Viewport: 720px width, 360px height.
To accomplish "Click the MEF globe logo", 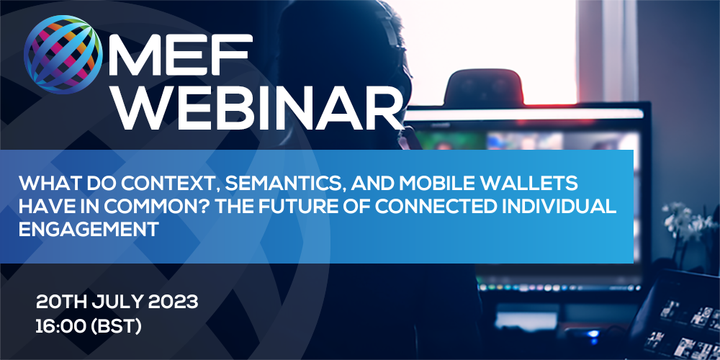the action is [63, 55].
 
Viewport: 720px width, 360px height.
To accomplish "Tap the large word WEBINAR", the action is [256, 108].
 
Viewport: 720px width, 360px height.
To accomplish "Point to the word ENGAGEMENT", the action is [89, 229].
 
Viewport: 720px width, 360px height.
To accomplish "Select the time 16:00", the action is [61, 326].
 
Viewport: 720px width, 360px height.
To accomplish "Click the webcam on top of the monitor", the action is [484, 87].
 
